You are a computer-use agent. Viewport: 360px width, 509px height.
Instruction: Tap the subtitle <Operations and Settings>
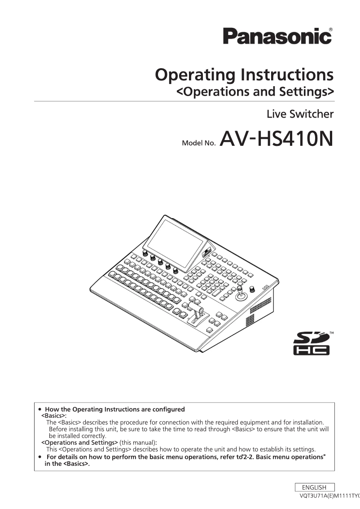pyautogui.click(x=255, y=92)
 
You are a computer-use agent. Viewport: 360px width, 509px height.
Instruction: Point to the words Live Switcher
pyautogui.click(x=300, y=114)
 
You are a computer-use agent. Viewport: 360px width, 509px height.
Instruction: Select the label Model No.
pyautogui.click(x=199, y=143)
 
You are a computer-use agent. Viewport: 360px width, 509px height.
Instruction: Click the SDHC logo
pyautogui.click(x=311, y=343)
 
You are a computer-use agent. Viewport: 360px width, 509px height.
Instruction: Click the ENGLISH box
pyautogui.click(x=314, y=487)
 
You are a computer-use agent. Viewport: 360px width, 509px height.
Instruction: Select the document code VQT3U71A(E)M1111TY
pyautogui.click(x=329, y=496)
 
